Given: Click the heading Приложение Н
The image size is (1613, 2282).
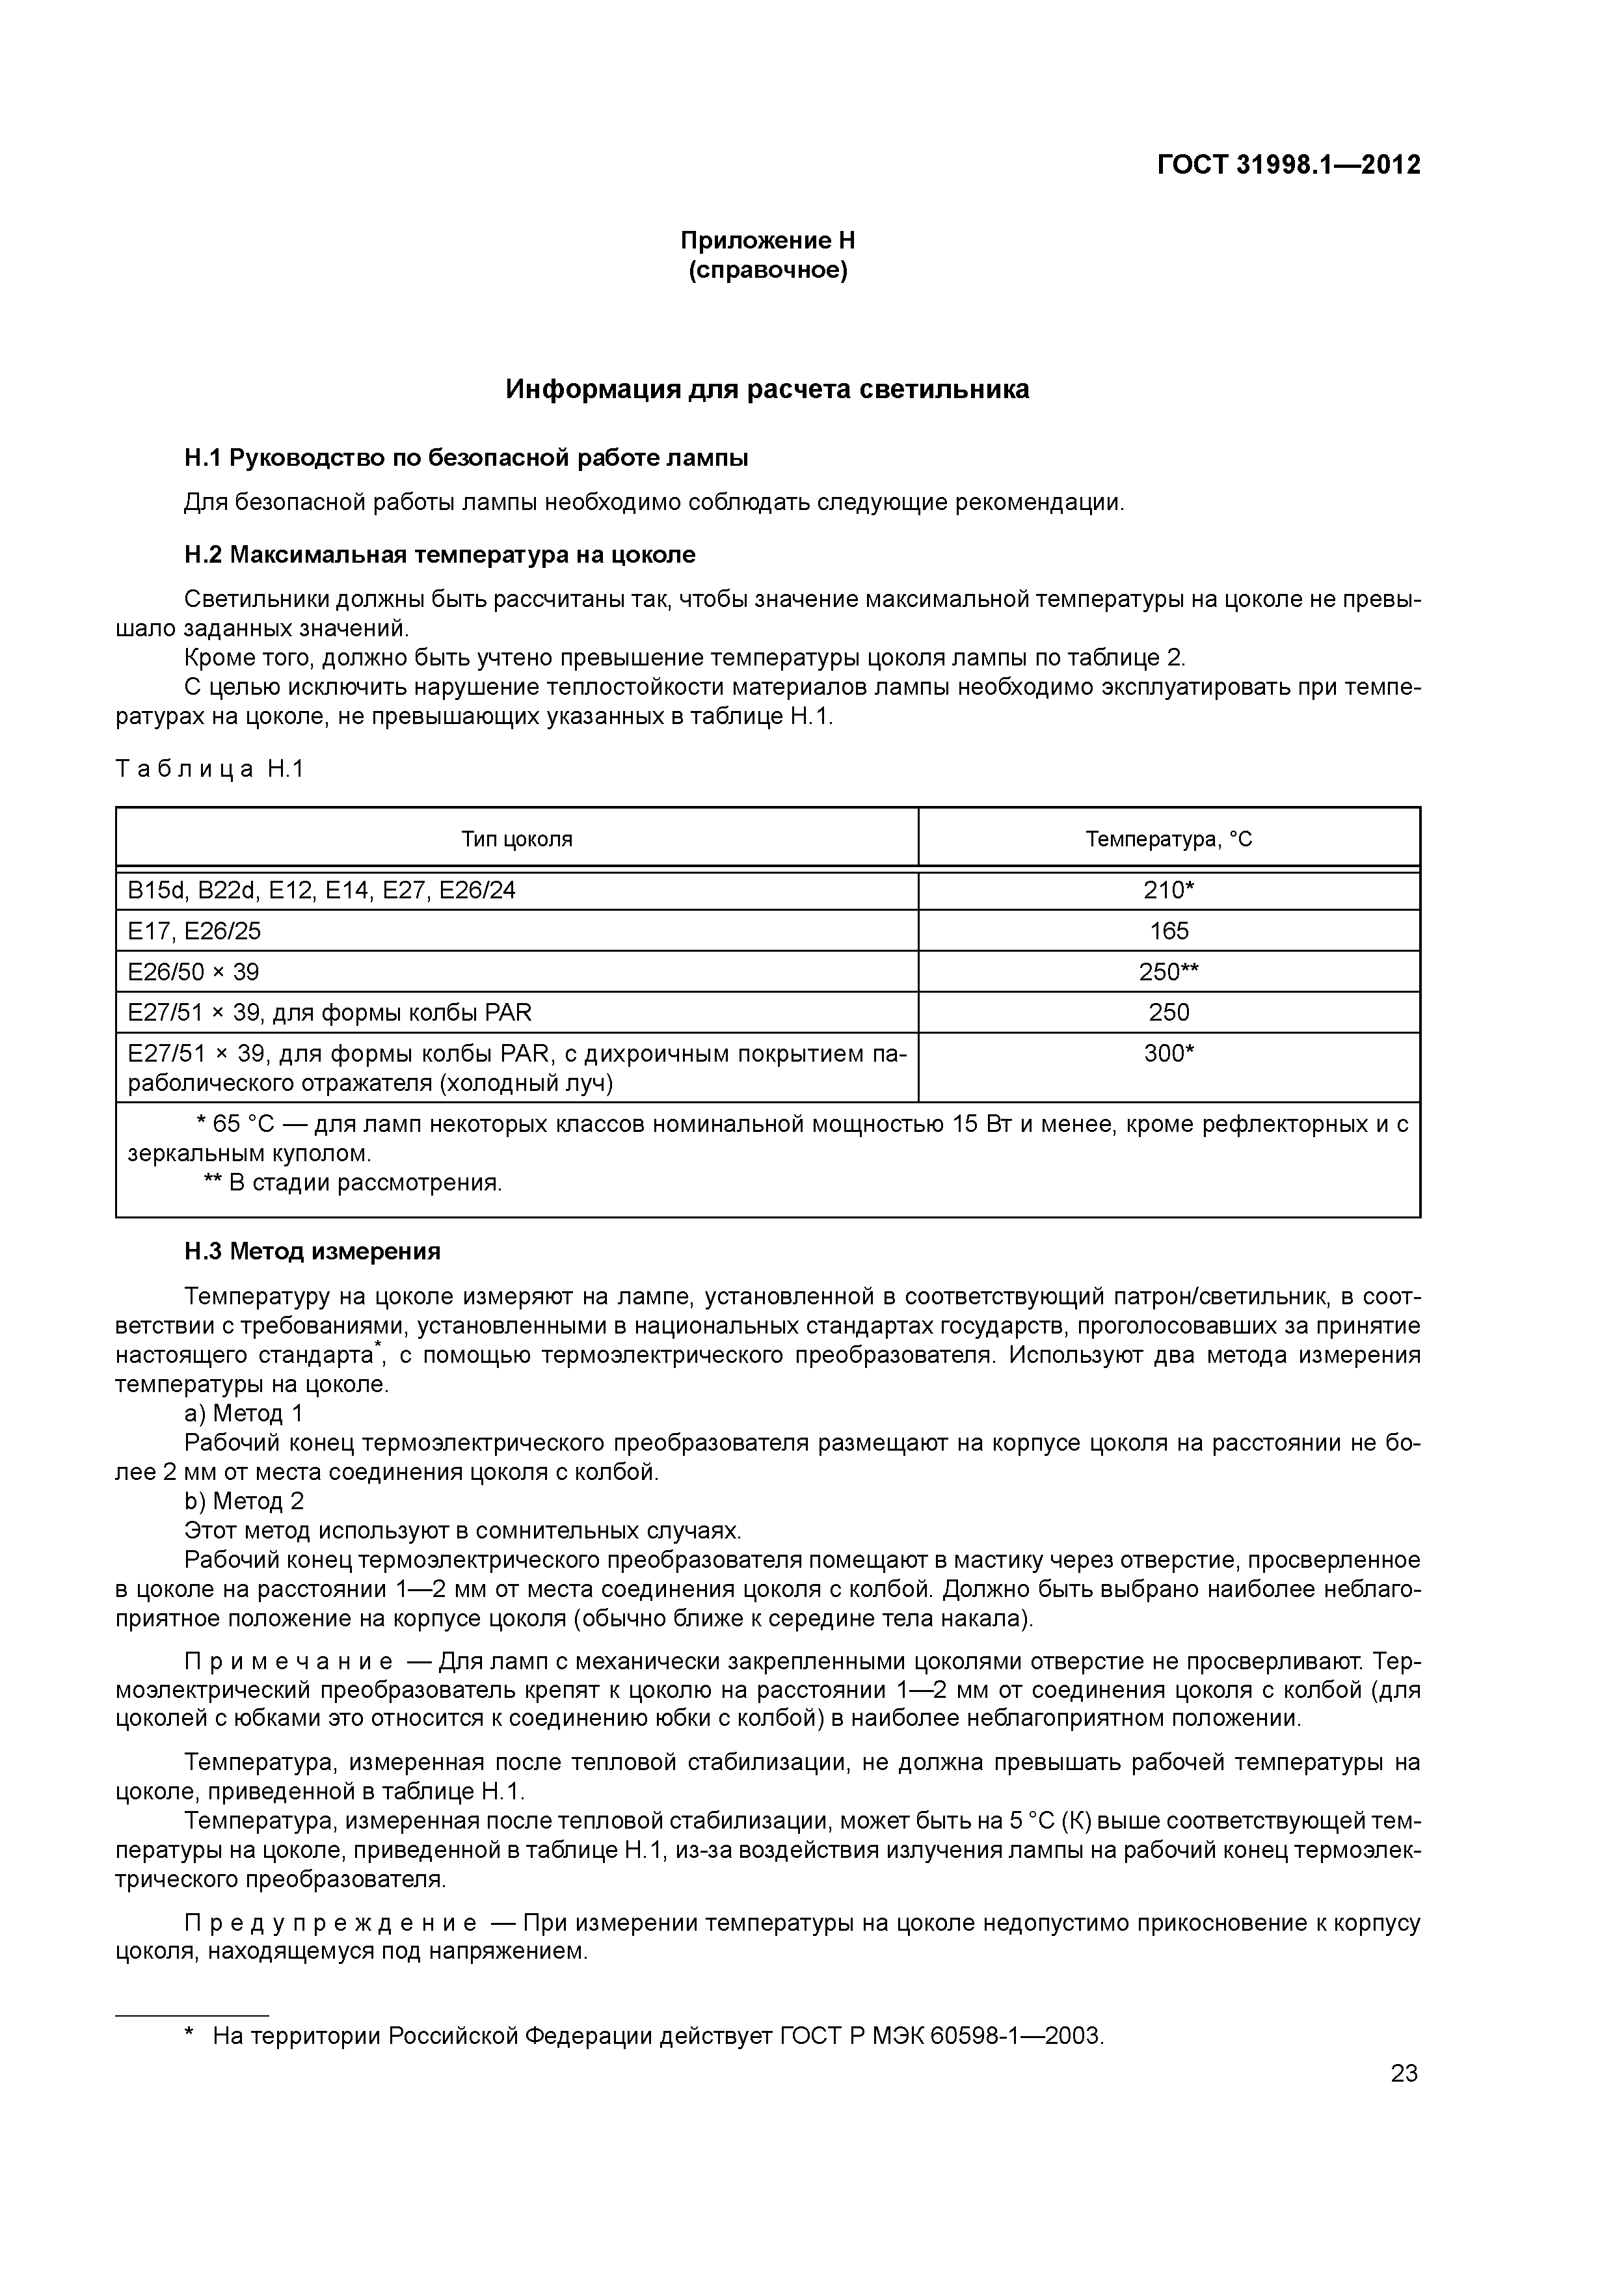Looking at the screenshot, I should pos(767,241).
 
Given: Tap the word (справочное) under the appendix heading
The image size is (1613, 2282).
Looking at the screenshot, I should pos(767,271).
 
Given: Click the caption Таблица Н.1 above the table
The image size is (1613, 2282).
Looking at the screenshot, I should pos(209,768).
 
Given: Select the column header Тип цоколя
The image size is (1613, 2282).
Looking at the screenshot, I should pos(517,839).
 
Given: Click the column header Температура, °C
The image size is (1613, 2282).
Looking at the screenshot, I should pos(1169,839).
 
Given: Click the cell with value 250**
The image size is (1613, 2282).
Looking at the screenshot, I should pos(1169,971).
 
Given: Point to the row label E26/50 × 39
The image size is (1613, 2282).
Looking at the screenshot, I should pos(194,971).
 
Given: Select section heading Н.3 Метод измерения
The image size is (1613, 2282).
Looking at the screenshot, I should pos(312,1252).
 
